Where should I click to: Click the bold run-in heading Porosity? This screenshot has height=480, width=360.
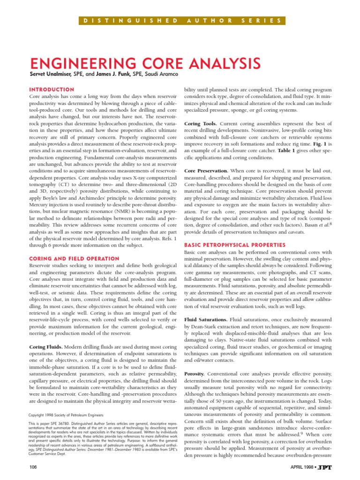(195, 374)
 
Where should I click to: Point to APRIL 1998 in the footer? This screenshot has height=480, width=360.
(307, 468)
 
